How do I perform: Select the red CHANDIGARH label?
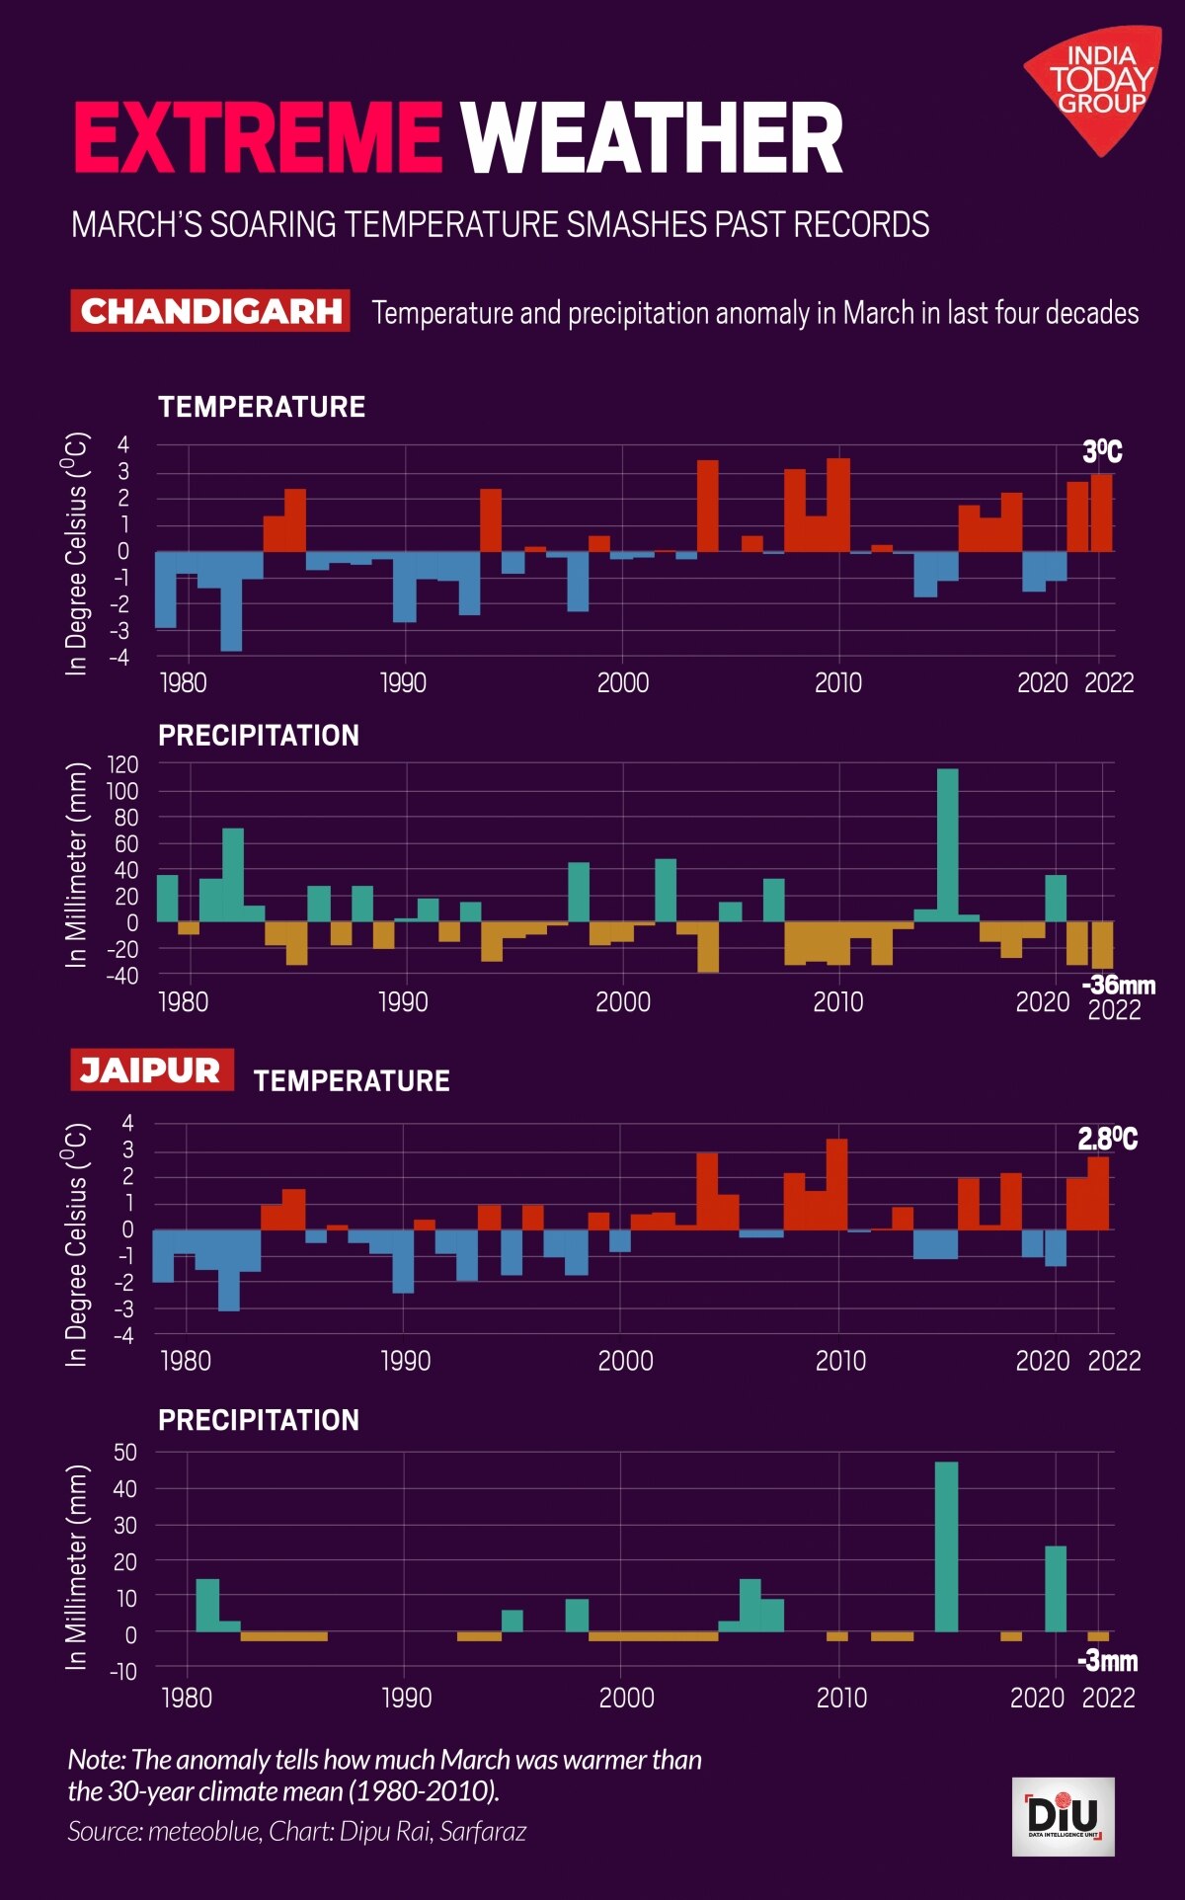(x=210, y=311)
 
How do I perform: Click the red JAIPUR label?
(x=151, y=1070)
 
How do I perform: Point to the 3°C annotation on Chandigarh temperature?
(x=1102, y=452)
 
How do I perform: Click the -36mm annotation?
(x=1118, y=985)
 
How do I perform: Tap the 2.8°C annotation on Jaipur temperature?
(x=1107, y=1139)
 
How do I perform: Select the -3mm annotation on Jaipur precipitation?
(x=1107, y=1661)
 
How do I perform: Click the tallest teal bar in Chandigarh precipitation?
(x=947, y=844)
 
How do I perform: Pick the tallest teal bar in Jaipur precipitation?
(x=946, y=1546)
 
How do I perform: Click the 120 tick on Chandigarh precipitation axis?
(x=123, y=764)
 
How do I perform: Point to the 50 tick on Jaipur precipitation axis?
(x=125, y=1452)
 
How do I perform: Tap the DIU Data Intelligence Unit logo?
(x=1064, y=1817)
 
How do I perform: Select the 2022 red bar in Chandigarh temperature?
(x=1101, y=513)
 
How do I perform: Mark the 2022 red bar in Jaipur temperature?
(x=1098, y=1193)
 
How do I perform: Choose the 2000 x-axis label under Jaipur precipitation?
(x=626, y=1698)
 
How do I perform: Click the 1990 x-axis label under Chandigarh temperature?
(x=403, y=682)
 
